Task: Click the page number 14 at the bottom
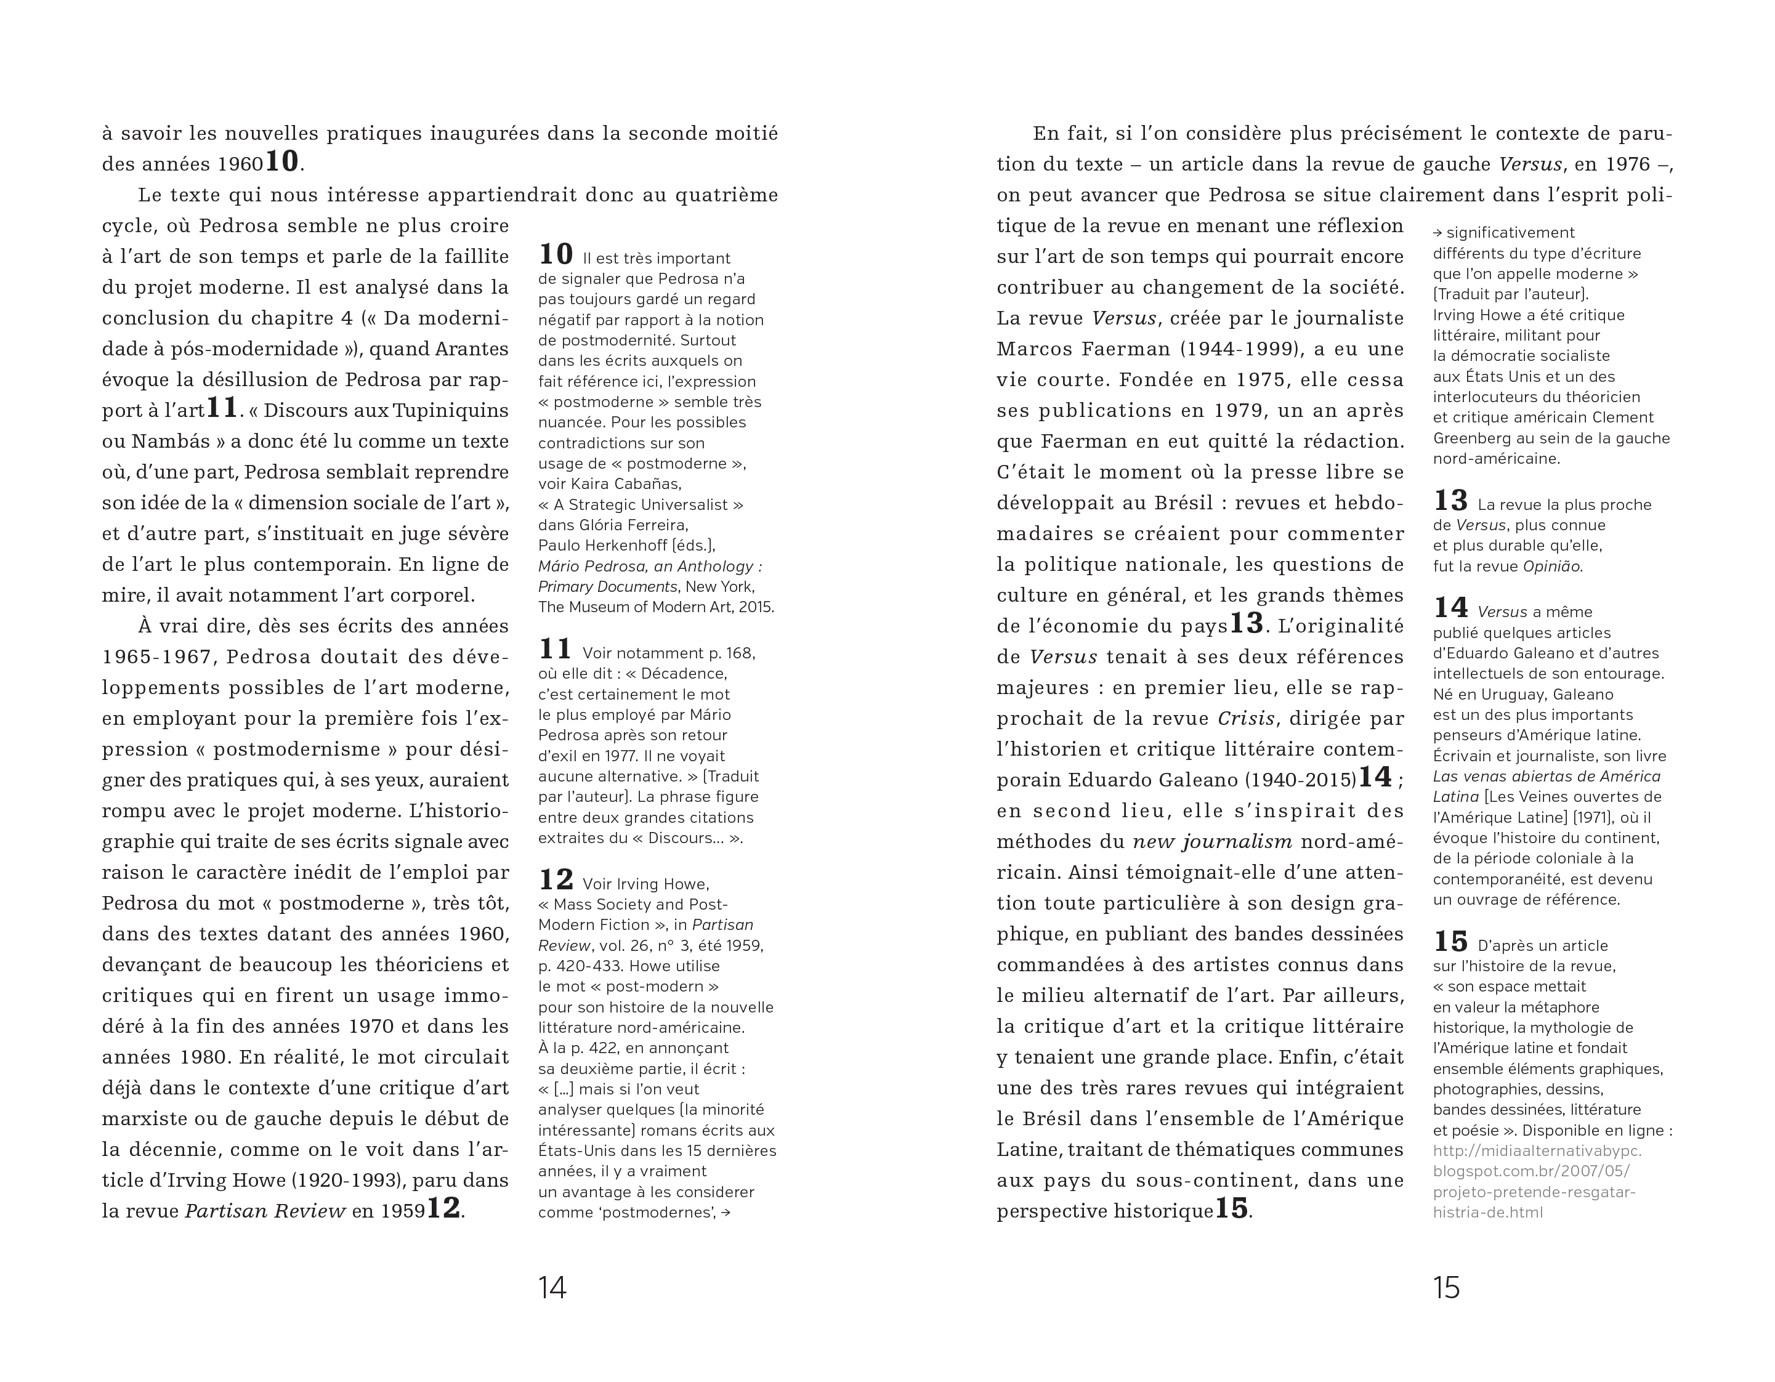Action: click(x=552, y=1287)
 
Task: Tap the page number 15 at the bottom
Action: click(x=1447, y=1287)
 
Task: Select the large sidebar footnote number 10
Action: click(x=556, y=254)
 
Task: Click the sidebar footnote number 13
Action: click(x=1450, y=501)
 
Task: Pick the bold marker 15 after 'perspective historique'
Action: click(x=1231, y=1208)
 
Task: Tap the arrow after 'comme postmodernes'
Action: click(x=726, y=1213)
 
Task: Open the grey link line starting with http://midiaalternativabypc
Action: click(x=1537, y=1151)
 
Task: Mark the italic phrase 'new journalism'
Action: click(x=1213, y=842)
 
